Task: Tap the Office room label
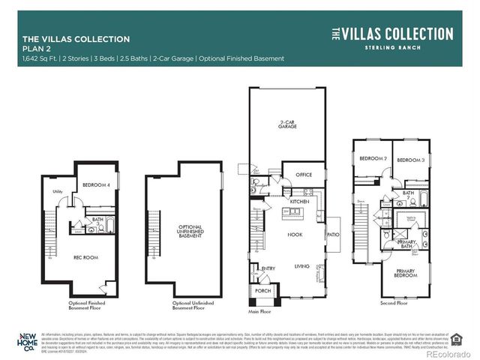tap(303, 175)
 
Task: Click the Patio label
tap(333, 235)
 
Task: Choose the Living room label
tap(301, 266)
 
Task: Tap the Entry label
tap(268, 268)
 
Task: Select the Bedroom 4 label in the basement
tap(96, 185)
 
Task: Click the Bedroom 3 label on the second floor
tap(411, 160)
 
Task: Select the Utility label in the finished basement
tap(56, 192)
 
